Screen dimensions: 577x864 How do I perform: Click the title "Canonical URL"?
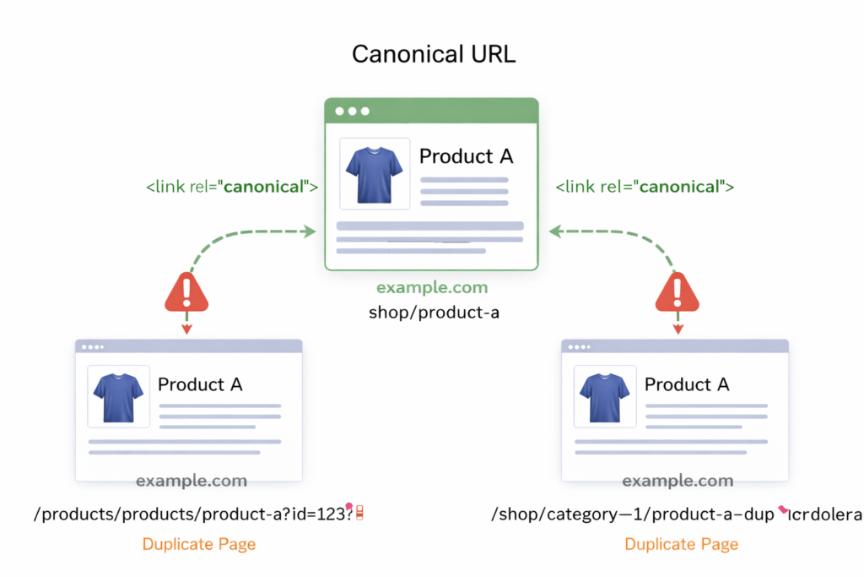[x=433, y=54]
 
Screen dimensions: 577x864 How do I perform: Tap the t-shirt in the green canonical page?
[x=374, y=173]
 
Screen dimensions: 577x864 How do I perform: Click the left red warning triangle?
[x=186, y=293]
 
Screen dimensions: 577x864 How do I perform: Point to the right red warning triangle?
[x=677, y=293]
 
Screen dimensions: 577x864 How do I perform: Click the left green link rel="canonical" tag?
[x=232, y=187]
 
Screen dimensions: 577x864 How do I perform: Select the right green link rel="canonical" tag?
[x=644, y=187]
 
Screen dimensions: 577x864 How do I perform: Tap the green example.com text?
[x=432, y=288]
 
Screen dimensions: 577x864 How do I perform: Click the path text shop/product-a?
[x=434, y=313]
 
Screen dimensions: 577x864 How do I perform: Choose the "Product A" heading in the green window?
[x=466, y=156]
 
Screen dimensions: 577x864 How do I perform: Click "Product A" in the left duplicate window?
[x=200, y=384]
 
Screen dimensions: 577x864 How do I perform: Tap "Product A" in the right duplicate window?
[x=687, y=384]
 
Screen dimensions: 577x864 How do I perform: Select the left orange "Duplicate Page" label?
[x=198, y=544]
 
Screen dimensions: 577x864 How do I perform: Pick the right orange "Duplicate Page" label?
[x=681, y=544]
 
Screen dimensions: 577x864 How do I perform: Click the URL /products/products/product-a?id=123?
[x=194, y=514]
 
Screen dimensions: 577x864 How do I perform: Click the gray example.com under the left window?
[x=192, y=482]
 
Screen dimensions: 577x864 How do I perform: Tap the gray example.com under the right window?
[x=678, y=482]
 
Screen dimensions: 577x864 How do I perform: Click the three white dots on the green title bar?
[x=352, y=111]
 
